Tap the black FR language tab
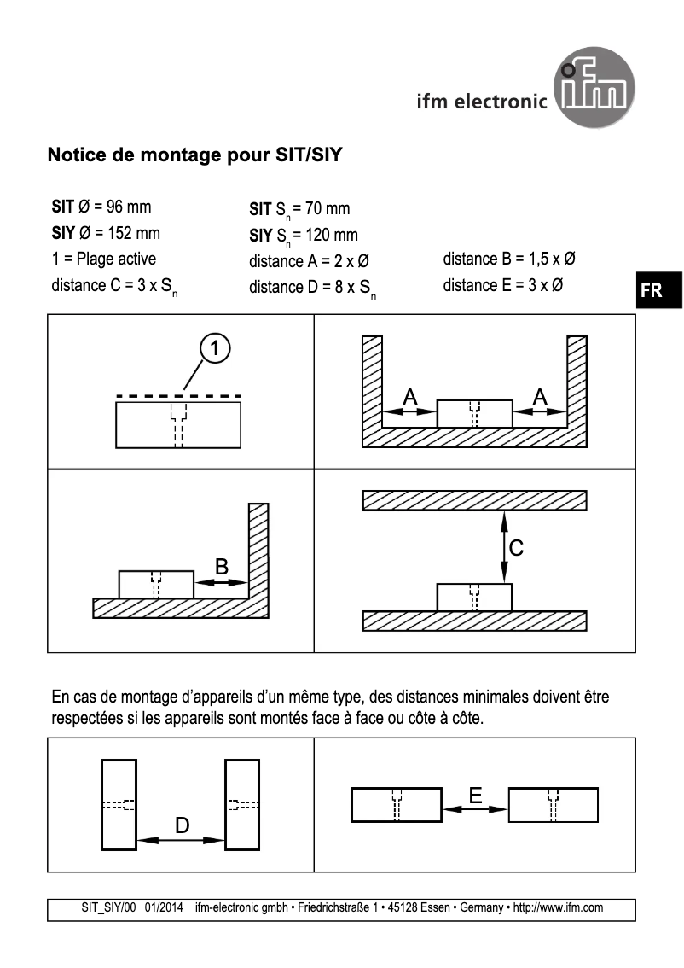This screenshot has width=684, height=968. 652,290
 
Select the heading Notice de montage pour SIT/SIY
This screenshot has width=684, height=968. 195,156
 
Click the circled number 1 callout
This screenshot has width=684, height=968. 216,347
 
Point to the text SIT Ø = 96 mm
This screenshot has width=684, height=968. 102,207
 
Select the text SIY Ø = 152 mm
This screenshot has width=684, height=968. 106,233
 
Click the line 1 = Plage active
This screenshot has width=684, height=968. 104,259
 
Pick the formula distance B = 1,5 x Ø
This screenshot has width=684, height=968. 513,259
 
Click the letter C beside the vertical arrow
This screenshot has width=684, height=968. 516,548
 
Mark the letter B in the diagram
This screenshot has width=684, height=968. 221,566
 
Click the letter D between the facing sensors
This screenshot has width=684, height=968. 182,825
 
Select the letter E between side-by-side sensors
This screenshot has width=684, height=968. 475,795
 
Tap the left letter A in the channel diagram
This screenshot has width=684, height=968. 409,396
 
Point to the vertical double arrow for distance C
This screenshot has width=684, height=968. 504,547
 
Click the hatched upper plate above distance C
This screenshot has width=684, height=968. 474,500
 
